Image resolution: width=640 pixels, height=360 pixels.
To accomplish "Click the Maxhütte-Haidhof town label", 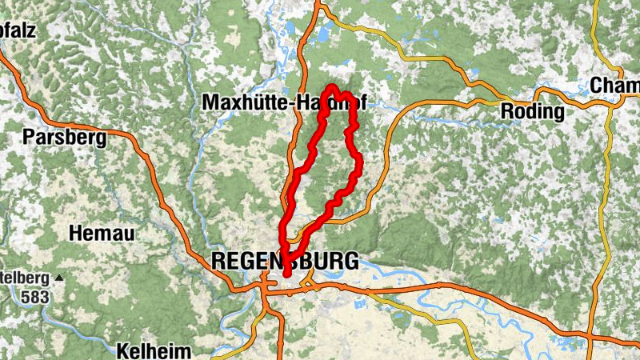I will [x=289, y=103].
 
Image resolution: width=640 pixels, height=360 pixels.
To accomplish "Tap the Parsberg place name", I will [x=65, y=137].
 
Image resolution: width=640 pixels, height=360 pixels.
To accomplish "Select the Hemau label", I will [x=102, y=234].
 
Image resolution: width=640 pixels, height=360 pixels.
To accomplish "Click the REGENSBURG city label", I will [x=284, y=260].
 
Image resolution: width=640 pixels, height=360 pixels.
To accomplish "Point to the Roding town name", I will [x=532, y=112].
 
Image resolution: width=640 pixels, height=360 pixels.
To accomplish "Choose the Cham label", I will [x=614, y=86].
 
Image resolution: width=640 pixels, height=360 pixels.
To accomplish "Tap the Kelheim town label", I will [x=154, y=351].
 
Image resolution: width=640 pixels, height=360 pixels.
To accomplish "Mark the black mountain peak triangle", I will [x=59, y=279].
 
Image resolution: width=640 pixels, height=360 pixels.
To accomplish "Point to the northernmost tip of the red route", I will [x=331, y=86].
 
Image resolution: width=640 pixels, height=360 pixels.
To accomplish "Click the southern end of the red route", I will [x=286, y=274].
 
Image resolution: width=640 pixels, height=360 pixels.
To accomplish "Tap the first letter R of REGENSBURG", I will [x=218, y=260].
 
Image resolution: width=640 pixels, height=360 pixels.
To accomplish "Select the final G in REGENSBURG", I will [x=350, y=260].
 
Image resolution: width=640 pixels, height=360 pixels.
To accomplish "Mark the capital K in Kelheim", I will [x=122, y=351].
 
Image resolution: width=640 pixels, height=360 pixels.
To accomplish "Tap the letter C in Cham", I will [x=597, y=86].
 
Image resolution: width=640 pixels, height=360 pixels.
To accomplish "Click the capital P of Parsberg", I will [x=30, y=137].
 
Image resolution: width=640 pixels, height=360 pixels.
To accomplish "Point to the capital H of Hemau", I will [x=76, y=234].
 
